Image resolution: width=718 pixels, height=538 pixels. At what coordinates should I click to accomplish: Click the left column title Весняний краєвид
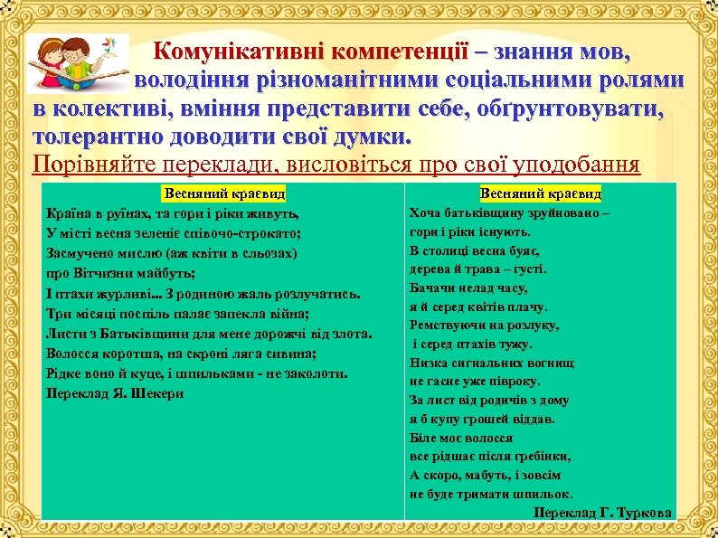pos(223,193)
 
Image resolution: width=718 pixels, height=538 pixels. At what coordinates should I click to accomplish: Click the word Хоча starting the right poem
pos(427,213)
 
